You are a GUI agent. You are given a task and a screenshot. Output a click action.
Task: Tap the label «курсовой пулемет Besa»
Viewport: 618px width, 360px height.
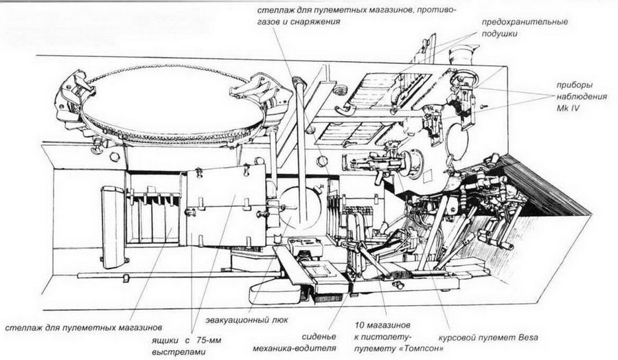488,337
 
